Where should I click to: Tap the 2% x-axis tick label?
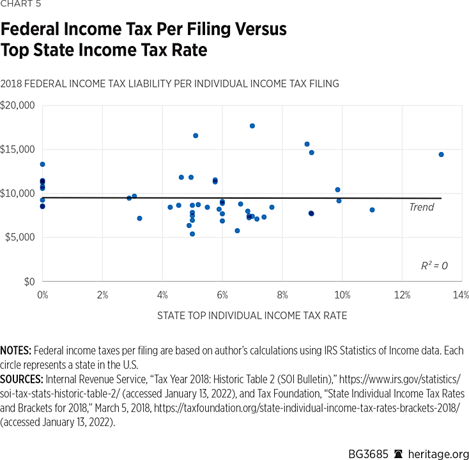102,295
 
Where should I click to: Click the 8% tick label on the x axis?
282,295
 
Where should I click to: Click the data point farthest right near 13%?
441,155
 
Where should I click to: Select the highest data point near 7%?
252,126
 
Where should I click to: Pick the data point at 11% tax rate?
372,210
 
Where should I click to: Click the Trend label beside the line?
421,207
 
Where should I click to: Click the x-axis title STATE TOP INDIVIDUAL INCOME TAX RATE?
252,316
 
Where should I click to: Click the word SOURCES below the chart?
21,379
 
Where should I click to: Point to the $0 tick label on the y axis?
28,281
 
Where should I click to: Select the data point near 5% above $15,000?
196,135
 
